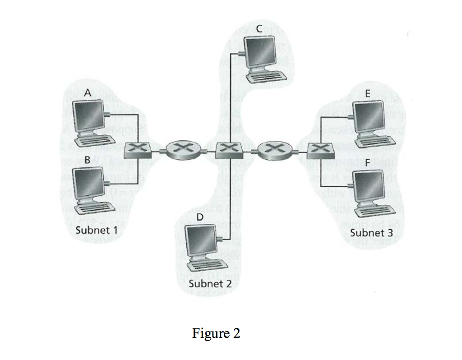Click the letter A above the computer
coord(88,92)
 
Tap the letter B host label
coord(88,159)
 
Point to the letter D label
coord(200,217)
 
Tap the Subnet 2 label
coord(210,284)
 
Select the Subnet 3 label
coord(371,233)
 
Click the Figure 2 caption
coord(216,333)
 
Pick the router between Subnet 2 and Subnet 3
coord(273,149)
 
